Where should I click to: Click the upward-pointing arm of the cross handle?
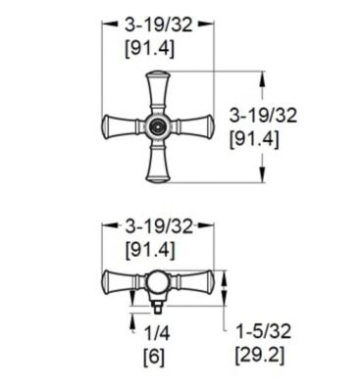(157, 93)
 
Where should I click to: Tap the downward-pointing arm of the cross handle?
(157, 162)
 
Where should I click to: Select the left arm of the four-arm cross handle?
(121, 126)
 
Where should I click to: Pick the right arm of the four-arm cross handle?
(192, 126)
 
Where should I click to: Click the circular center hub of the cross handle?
(157, 126)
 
